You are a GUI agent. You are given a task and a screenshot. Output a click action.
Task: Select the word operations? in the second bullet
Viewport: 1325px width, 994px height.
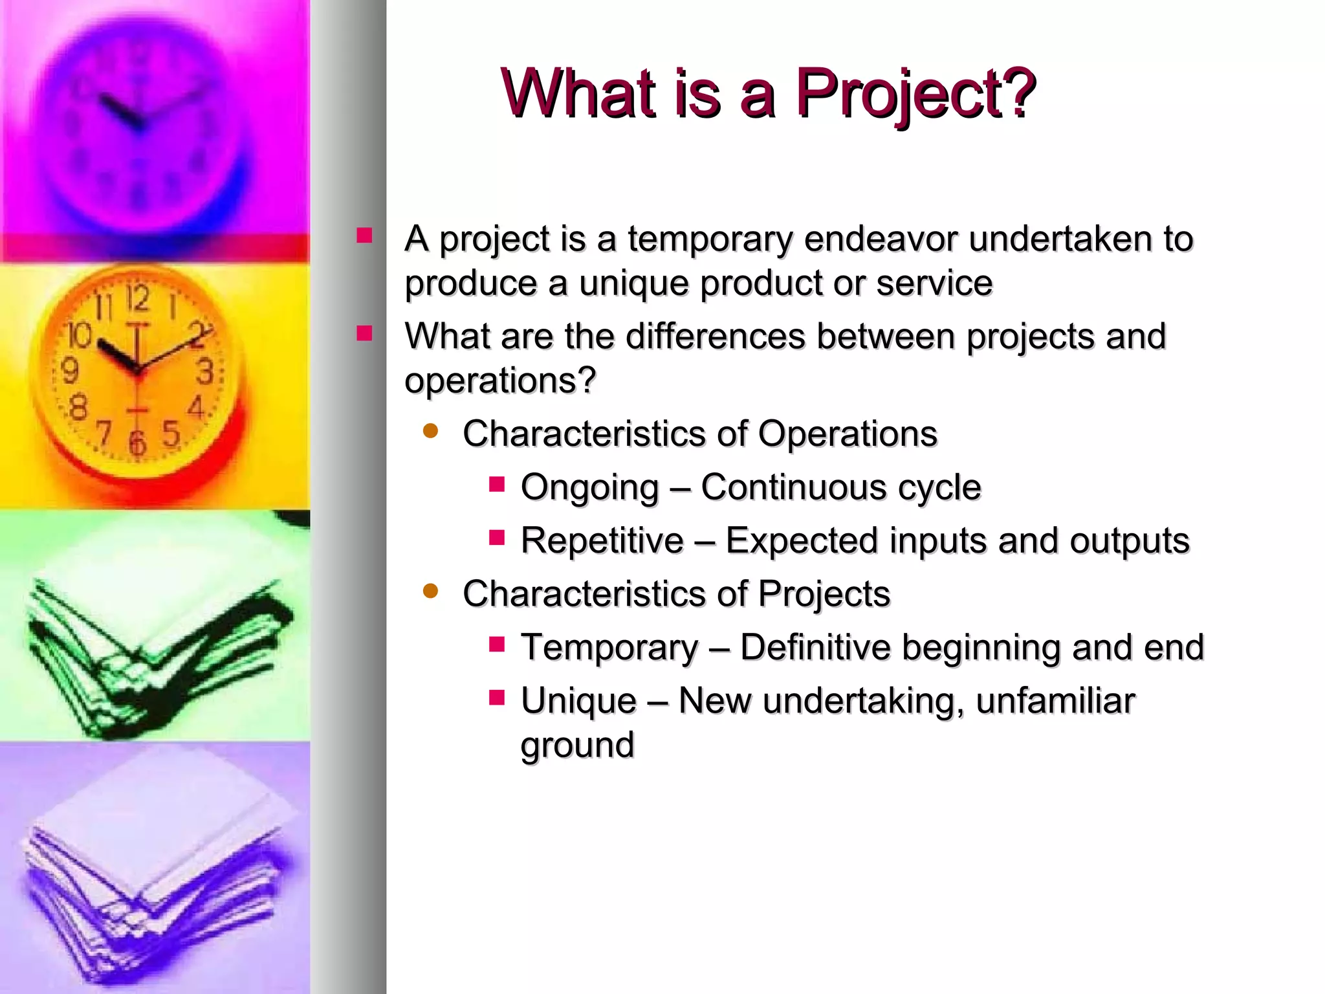pyautogui.click(x=499, y=381)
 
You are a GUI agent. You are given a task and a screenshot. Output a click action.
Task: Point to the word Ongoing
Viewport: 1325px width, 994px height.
pyautogui.click(x=589, y=487)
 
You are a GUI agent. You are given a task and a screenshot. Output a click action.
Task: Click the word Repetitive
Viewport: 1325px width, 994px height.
pyautogui.click(x=602, y=541)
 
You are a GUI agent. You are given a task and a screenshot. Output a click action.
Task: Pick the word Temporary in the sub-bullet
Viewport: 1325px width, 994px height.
pyautogui.click(x=609, y=647)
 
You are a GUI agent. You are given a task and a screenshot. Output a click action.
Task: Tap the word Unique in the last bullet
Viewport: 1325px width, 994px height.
pyautogui.click(x=578, y=701)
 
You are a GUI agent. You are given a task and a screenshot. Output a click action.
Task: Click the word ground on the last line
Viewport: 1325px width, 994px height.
pyautogui.click(x=577, y=745)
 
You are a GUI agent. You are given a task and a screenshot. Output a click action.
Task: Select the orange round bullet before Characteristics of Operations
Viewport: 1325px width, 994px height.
pyautogui.click(x=430, y=431)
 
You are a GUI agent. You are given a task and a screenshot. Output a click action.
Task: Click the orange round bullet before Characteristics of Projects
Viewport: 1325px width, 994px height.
pyautogui.click(x=430, y=591)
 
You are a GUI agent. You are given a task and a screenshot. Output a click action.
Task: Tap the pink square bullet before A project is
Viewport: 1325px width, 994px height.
pyautogui.click(x=364, y=235)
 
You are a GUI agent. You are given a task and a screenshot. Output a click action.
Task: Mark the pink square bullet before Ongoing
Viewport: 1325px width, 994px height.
pyautogui.click(x=496, y=484)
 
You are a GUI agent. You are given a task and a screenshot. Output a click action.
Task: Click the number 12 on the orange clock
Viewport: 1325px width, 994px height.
pyautogui.click(x=137, y=298)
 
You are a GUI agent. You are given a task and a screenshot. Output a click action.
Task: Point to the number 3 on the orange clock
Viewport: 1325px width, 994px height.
pyautogui.click(x=204, y=372)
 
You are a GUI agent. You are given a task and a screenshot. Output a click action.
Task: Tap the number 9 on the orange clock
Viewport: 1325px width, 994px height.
pyautogui.click(x=70, y=371)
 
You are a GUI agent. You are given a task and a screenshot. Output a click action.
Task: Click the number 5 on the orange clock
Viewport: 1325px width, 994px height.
pyautogui.click(x=171, y=434)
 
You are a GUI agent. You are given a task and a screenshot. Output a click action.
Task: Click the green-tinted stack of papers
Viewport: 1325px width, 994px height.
pyautogui.click(x=155, y=654)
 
